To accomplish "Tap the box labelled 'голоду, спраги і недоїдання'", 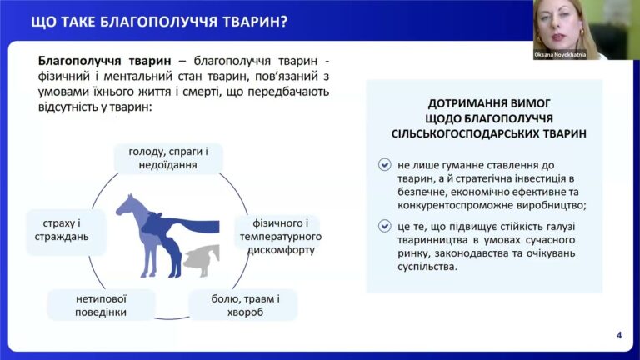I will (x=168, y=158).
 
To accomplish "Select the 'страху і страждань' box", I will (x=66, y=230).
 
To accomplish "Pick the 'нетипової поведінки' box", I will (x=99, y=304).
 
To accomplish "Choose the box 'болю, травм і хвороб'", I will (x=242, y=304).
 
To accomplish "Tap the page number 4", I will (x=619, y=335).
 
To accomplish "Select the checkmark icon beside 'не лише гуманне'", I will (x=383, y=165).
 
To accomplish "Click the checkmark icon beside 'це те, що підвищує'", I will (x=383, y=226).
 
